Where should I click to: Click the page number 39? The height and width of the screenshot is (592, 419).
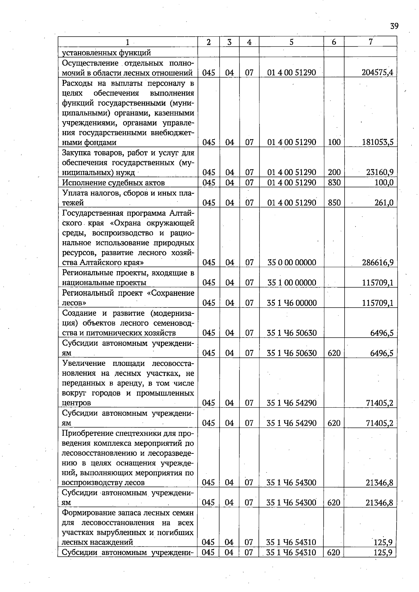tap(394, 26)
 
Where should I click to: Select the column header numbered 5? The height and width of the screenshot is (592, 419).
tap(291, 42)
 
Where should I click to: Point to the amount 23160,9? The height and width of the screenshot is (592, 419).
tap(380, 172)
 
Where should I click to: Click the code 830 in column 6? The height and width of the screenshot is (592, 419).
tap(334, 183)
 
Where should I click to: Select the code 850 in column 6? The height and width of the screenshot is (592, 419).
tap(334, 202)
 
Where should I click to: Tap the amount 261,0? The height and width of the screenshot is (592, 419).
tap(384, 202)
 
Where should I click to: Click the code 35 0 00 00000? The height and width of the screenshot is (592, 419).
tap(292, 262)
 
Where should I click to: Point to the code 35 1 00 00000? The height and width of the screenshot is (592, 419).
tap(292, 282)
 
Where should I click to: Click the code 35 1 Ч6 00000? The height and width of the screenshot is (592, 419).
tap(292, 303)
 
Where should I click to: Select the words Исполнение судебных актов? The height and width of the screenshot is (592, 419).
tap(113, 183)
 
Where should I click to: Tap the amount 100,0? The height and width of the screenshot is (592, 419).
tap(384, 183)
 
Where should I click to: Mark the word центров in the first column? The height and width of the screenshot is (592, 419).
tap(76, 403)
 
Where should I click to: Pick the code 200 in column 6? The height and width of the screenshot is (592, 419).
tap(334, 172)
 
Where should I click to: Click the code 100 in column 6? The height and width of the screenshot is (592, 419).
tap(334, 142)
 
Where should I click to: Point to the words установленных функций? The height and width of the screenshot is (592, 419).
tap(106, 53)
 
